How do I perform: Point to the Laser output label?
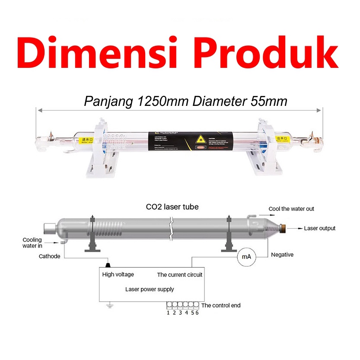(319, 228)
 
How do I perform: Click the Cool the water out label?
(291, 209)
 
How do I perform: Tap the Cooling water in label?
(32, 243)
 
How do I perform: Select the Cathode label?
(50, 256)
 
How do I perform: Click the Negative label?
(282, 255)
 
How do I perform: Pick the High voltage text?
(118, 274)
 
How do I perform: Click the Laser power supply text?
(150, 289)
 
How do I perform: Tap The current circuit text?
(179, 274)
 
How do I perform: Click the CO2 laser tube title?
(172, 207)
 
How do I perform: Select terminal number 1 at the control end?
(168, 312)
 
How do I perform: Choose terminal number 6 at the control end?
(197, 312)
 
